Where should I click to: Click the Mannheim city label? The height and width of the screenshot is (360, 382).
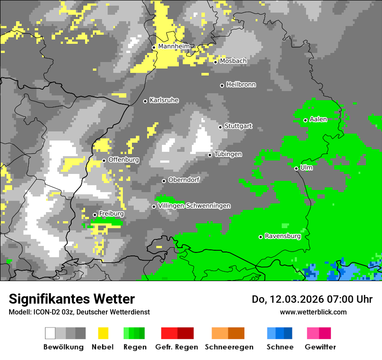click(174, 46)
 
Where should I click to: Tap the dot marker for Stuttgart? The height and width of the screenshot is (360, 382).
click(221, 127)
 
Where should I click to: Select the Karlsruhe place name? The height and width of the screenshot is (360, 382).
click(164, 100)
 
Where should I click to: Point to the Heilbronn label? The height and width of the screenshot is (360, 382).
click(241, 85)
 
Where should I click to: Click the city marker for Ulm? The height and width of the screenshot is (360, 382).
click(296, 168)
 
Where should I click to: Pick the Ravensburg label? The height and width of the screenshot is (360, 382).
click(283, 236)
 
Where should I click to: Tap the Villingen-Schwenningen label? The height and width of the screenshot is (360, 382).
click(194, 206)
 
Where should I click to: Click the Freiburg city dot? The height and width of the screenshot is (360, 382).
click(95, 215)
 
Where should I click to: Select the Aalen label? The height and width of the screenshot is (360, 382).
click(318, 119)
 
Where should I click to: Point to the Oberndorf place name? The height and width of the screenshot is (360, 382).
click(184, 180)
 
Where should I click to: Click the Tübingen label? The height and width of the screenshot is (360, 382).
click(228, 154)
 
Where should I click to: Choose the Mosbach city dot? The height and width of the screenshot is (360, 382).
click(215, 62)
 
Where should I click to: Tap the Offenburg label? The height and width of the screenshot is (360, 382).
click(123, 160)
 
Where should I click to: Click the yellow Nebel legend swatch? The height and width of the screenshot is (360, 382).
click(103, 333)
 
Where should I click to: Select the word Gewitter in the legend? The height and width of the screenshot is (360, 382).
click(320, 347)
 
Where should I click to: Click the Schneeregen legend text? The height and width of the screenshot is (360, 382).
click(229, 347)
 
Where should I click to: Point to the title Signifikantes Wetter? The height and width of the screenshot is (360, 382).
click(72, 299)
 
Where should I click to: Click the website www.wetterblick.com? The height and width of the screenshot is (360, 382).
click(313, 312)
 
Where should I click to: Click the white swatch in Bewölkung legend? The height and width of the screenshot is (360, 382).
click(50, 333)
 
